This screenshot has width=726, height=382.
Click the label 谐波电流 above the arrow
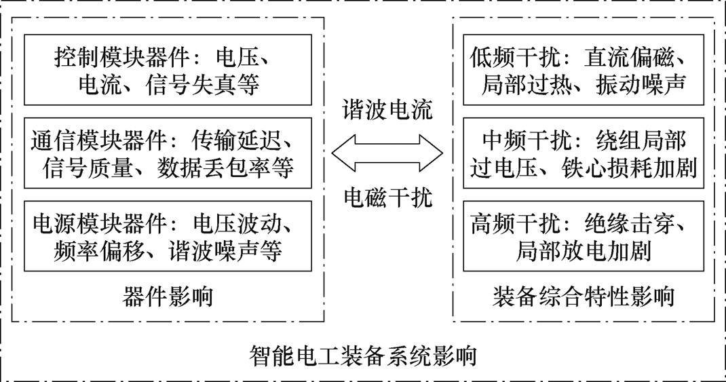tap(387, 111)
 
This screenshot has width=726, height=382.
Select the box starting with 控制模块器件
tap(168, 69)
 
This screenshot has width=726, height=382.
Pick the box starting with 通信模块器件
tap(168, 153)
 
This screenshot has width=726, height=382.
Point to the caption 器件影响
tap(168, 297)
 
